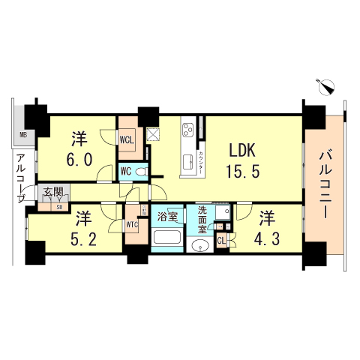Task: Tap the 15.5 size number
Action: pyautogui.click(x=242, y=172)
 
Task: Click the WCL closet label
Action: pyautogui.click(x=127, y=139)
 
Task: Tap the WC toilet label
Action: pyautogui.click(x=126, y=171)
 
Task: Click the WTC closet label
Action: pyautogui.click(x=132, y=224)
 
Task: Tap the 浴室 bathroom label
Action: pyautogui.click(x=167, y=217)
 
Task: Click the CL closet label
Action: pyautogui.click(x=221, y=240)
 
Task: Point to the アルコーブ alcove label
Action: pyautogui.click(x=21, y=177)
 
